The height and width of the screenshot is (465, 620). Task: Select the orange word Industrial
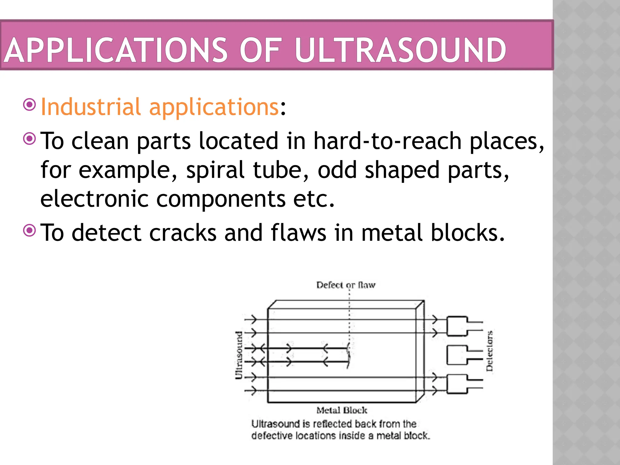pyautogui.click(x=91, y=107)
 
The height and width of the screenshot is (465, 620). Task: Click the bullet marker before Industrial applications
pyautogui.click(x=30, y=105)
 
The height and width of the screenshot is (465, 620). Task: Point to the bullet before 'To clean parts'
pyautogui.click(x=30, y=139)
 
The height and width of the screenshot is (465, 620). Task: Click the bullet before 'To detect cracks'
pyautogui.click(x=30, y=231)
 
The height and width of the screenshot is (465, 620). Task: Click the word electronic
pyautogui.click(x=94, y=199)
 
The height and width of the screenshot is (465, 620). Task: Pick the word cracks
pyautogui.click(x=183, y=233)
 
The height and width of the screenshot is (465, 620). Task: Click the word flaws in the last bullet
pyautogui.click(x=298, y=233)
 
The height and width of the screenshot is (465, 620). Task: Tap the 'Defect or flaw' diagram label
pyautogui.click(x=346, y=285)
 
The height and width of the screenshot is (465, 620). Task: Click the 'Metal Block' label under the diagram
pyautogui.click(x=342, y=410)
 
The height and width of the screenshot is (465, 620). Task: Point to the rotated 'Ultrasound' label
pyautogui.click(x=239, y=355)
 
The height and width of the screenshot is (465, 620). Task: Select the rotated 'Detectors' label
pyautogui.click(x=489, y=351)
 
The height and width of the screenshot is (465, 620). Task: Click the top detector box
pyautogui.click(x=457, y=326)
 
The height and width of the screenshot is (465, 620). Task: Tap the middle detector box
pyautogui.click(x=457, y=355)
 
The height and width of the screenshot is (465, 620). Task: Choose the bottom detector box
pyautogui.click(x=457, y=384)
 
